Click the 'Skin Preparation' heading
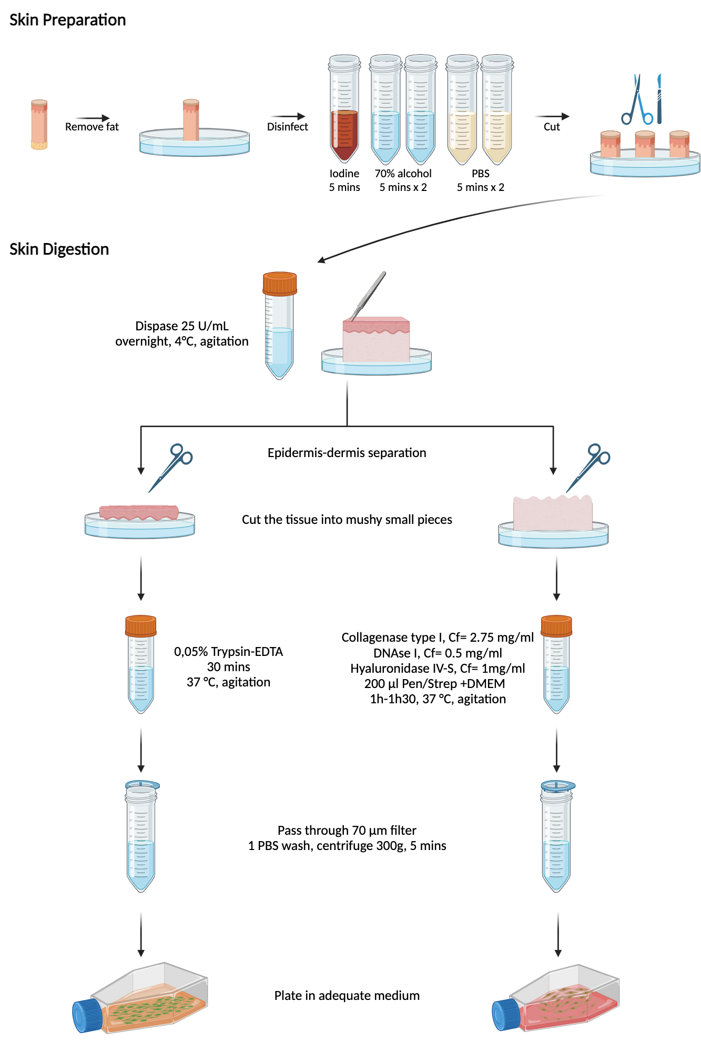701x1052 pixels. pos(67,20)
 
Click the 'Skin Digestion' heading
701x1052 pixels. pos(59,249)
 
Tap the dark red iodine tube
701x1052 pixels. pos(344,134)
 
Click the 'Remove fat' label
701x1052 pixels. pos(92,127)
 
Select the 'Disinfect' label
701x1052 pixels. pos(287,127)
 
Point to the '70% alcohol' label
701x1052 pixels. pos(403,174)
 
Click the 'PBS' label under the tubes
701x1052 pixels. pos(480,174)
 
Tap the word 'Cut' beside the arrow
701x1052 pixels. pos(552,127)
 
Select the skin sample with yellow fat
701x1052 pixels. pos(39,125)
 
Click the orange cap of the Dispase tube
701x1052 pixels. pos(280,284)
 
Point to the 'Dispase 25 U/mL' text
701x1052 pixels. pos(182,326)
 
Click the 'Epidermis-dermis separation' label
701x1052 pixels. pos(347,453)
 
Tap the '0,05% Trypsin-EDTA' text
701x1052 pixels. pos(228,652)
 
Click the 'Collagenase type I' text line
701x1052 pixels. pos(437,638)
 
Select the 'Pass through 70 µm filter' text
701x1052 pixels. pos(347,831)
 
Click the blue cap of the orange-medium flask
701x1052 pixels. pos(87,1016)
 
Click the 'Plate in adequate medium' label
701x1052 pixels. pos(347,996)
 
